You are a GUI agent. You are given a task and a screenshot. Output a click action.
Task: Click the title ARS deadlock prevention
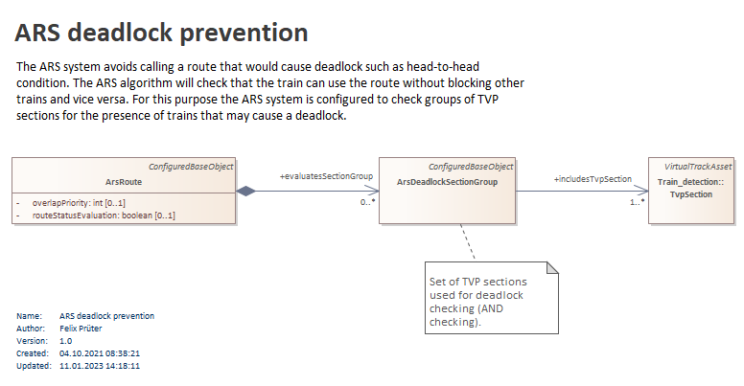[161, 33]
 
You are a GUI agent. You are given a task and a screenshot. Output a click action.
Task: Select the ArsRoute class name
[124, 182]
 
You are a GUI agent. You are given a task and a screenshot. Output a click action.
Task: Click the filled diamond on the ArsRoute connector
[245, 192]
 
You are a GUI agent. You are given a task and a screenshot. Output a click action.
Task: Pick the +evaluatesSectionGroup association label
[326, 176]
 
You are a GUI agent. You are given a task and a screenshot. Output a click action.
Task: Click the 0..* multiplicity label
[368, 202]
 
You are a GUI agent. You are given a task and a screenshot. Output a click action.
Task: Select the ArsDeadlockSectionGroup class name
[447, 182]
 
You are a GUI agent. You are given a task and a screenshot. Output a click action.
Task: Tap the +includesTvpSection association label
[593, 179]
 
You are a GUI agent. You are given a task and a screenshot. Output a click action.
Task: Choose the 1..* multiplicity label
[638, 202]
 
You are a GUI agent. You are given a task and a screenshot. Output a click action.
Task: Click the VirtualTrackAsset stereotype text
[698, 167]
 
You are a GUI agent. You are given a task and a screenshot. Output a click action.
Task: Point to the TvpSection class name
[691, 194]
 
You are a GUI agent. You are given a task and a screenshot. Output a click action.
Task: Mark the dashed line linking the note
[467, 241]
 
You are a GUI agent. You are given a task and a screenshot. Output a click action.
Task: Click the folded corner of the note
[552, 267]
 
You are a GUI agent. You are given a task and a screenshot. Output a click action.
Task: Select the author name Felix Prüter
[81, 329]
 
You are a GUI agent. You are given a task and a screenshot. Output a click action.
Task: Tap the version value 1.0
[66, 341]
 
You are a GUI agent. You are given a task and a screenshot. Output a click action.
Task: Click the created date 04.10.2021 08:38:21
[100, 353]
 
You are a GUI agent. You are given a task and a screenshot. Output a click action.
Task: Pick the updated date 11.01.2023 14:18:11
[100, 366]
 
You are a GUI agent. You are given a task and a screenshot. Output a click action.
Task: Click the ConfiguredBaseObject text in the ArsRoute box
[191, 167]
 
